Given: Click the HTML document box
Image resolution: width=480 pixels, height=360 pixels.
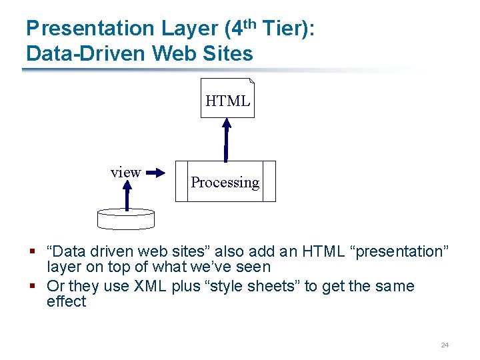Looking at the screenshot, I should point(227,99).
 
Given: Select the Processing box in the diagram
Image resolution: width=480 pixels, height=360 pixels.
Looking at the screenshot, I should point(225,181).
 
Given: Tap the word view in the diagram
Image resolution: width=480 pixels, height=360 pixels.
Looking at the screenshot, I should point(125,173).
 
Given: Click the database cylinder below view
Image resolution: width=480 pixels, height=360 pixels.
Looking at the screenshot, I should point(125,217).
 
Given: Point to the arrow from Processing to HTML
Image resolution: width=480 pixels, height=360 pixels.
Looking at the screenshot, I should point(227,140).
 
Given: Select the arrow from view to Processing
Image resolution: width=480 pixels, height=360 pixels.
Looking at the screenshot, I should point(155,173).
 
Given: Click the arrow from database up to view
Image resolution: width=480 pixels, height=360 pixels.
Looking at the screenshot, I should point(127,195).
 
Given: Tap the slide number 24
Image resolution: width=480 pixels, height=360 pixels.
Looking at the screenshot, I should point(445,345).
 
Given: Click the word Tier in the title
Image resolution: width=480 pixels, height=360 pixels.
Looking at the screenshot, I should point(283,29).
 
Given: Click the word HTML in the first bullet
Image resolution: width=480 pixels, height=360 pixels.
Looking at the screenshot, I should point(323,252).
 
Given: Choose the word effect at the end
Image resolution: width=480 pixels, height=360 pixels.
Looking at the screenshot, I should point(66,302).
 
